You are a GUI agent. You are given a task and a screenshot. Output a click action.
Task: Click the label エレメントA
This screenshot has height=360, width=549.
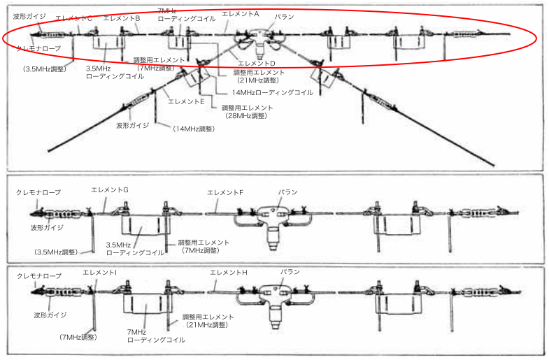click(240, 13)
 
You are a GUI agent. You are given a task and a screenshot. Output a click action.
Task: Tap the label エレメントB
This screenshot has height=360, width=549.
click(122, 19)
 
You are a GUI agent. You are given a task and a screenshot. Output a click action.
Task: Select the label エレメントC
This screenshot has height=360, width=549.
click(74, 19)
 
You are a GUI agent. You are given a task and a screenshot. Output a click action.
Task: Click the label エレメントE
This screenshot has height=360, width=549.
click(186, 101)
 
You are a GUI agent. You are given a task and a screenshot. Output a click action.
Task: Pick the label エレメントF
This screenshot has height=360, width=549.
click(225, 192)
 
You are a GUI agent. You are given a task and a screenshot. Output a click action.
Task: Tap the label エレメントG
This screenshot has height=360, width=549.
click(110, 189)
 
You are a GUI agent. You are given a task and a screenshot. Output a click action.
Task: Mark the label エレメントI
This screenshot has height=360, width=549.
click(100, 271)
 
